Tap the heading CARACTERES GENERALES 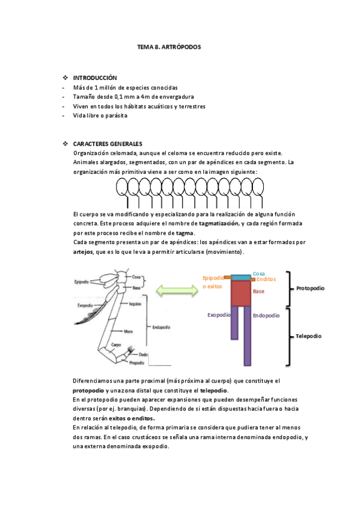[108, 144]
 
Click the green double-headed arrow [177, 290]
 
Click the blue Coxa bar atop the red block [241, 278]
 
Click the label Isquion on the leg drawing [135, 304]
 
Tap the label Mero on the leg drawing [129, 331]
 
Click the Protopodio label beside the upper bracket [310, 288]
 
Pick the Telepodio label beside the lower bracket [309, 336]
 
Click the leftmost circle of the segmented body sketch [119, 188]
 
